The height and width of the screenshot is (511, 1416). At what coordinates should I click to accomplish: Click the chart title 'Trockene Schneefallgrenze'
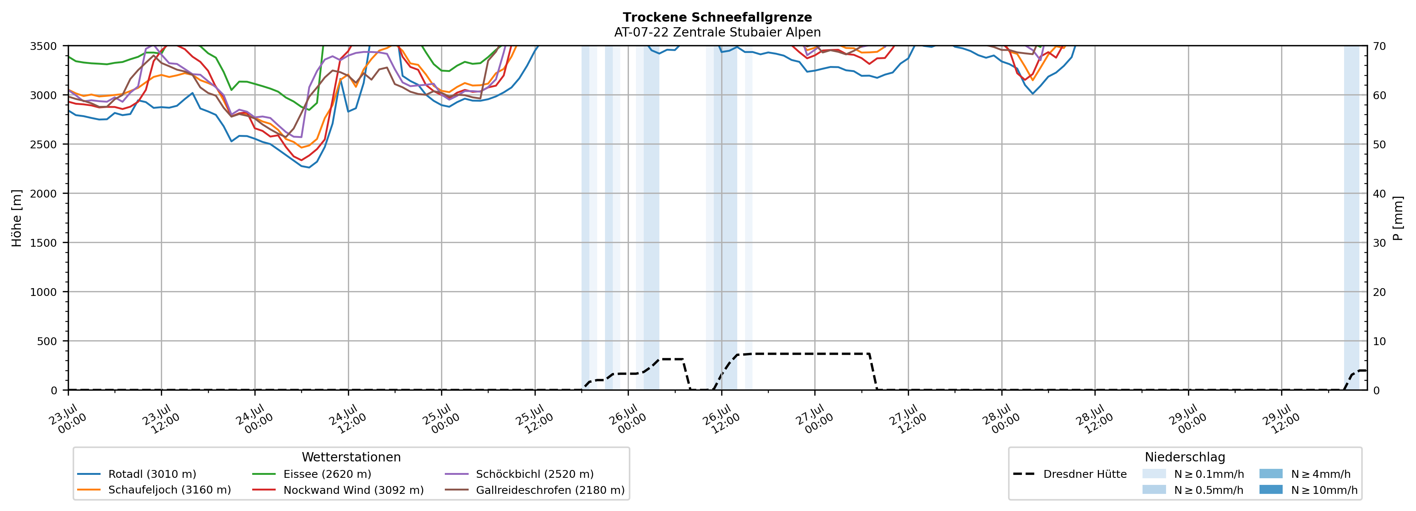tap(717, 17)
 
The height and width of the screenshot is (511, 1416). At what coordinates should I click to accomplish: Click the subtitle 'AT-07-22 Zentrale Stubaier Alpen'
tap(717, 32)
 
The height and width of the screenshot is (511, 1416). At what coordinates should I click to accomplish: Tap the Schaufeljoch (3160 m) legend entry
tap(154, 489)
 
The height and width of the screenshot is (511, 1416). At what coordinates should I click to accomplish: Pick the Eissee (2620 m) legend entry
tap(312, 474)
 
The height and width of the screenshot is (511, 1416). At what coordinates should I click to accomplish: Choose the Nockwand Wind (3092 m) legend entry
tap(338, 489)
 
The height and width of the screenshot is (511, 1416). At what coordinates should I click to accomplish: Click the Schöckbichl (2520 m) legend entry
tap(519, 474)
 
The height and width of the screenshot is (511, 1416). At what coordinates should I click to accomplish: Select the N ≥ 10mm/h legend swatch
tap(1271, 489)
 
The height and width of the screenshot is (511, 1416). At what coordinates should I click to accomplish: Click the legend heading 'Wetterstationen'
tap(351, 457)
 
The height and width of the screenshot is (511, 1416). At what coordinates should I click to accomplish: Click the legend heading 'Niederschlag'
tap(1185, 457)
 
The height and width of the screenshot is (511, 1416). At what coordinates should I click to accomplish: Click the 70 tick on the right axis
tap(1379, 46)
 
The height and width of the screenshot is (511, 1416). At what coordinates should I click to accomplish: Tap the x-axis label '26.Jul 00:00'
tap(627, 419)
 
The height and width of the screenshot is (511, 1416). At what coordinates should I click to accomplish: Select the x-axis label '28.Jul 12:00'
tap(1093, 419)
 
